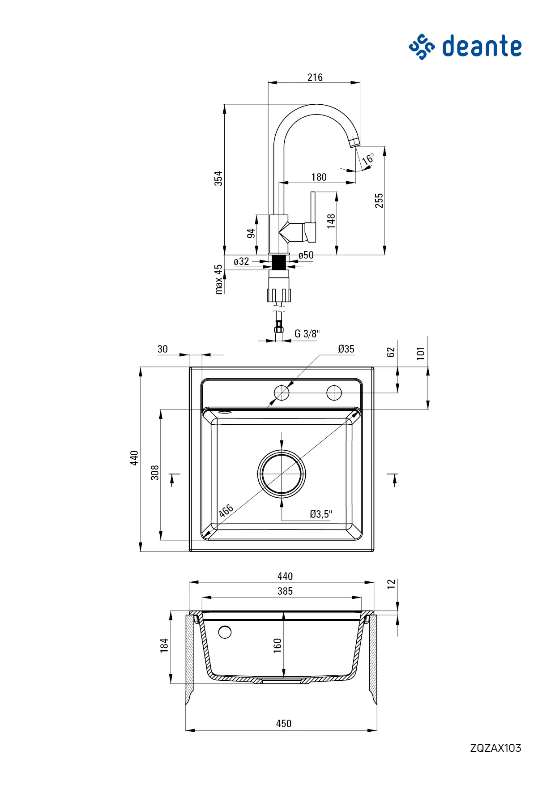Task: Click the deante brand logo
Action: click(465, 47)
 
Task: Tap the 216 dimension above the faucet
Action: click(315, 77)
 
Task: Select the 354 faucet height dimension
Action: click(218, 178)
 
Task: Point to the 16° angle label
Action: click(368, 159)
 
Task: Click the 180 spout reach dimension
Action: click(319, 177)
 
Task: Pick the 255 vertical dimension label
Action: click(379, 201)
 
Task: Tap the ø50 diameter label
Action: click(306, 255)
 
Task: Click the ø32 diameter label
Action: click(242, 261)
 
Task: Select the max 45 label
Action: click(218, 279)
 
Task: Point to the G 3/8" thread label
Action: click(307, 334)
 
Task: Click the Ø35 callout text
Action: click(346, 349)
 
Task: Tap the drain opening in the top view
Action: click(282, 474)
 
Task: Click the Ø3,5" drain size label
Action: click(321, 514)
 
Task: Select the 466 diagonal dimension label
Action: click(226, 511)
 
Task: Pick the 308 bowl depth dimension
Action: click(155, 473)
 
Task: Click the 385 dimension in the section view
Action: click(285, 591)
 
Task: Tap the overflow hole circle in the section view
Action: click(225, 632)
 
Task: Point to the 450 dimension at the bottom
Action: click(284, 724)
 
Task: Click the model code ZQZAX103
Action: click(495, 748)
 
